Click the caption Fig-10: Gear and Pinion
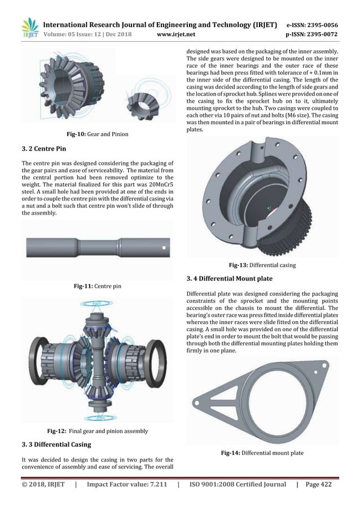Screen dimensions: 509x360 (x=96, y=134)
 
